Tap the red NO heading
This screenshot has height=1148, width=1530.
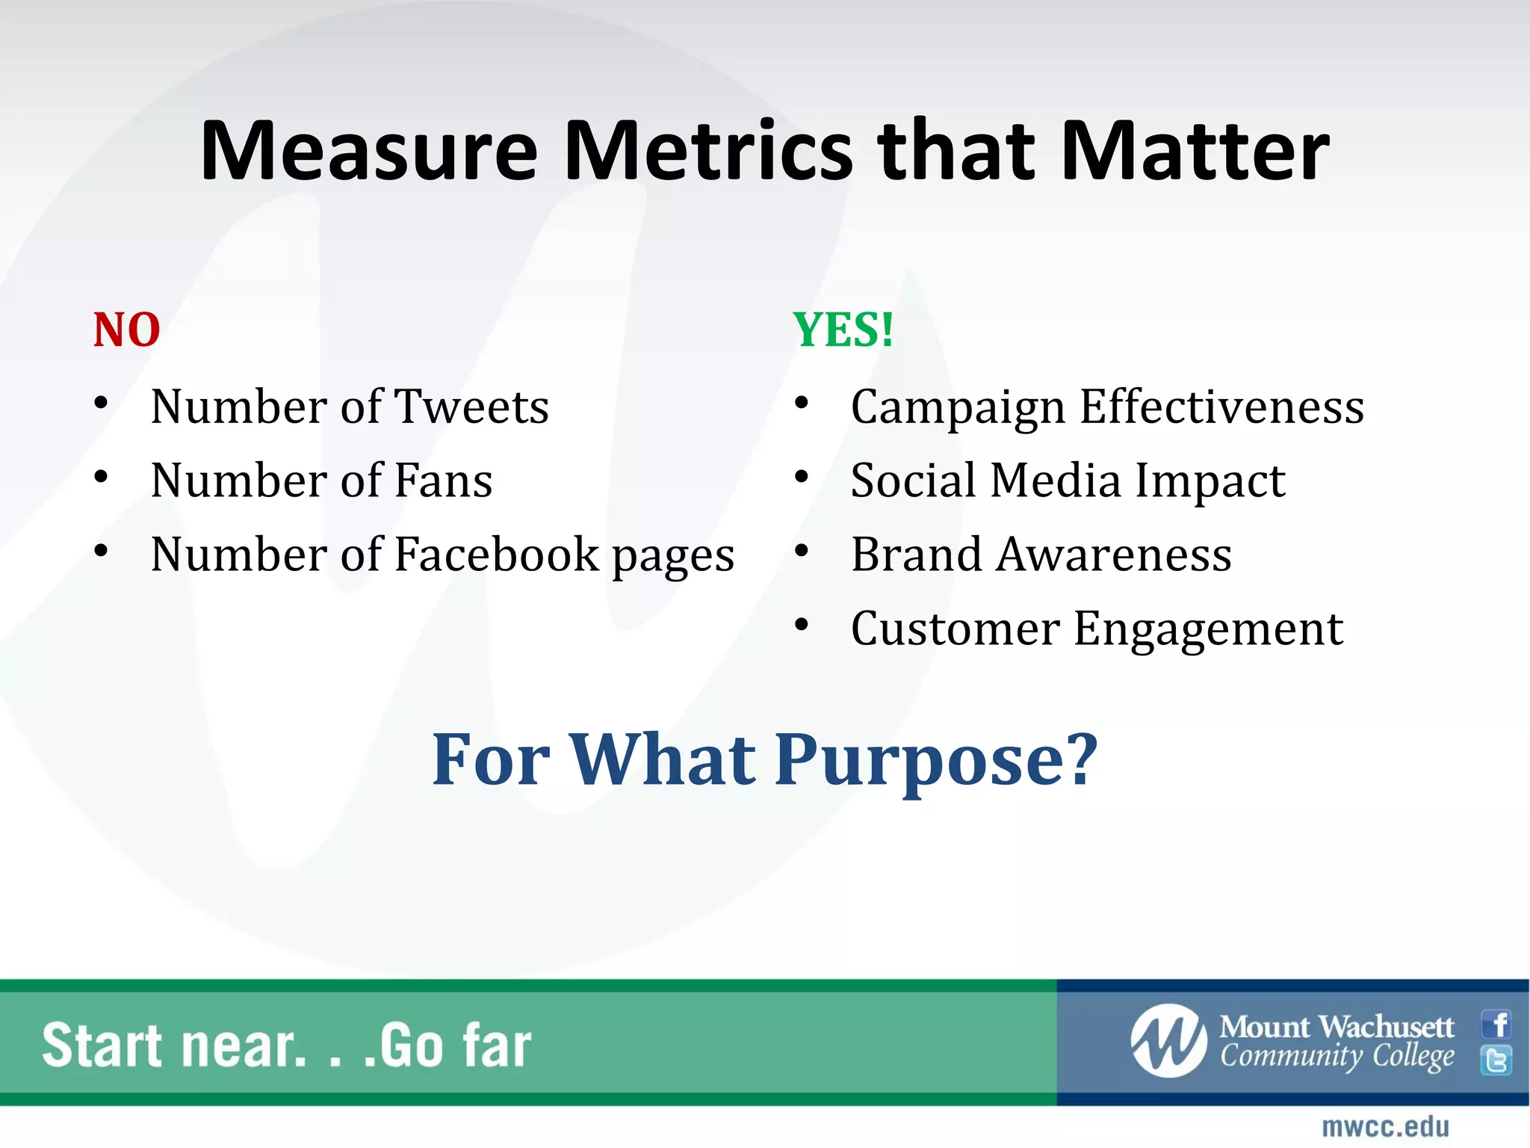(x=126, y=330)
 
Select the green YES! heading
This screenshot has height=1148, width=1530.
(x=843, y=330)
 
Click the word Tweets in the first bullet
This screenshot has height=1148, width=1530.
(x=471, y=407)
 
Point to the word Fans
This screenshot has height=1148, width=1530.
(x=443, y=481)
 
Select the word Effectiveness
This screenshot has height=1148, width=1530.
(x=1222, y=407)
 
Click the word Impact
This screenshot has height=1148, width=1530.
(x=1210, y=482)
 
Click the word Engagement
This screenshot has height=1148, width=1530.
(x=1209, y=630)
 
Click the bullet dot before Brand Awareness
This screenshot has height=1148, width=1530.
(x=802, y=552)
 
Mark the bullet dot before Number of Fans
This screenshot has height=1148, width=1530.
(x=102, y=477)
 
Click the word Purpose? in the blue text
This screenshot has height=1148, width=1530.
(x=936, y=761)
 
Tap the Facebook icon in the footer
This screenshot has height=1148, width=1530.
(x=1496, y=1024)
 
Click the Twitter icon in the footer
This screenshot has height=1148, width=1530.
(x=1496, y=1061)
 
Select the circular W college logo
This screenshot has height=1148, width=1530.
(x=1168, y=1041)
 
